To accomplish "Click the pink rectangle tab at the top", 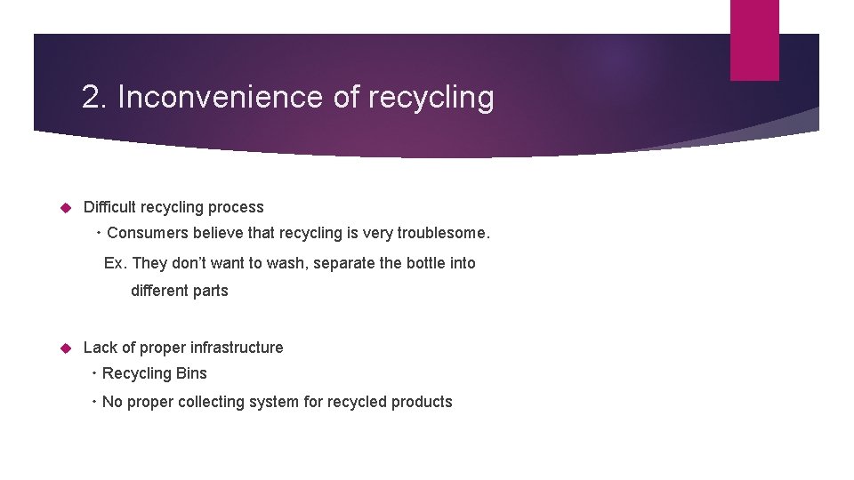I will coord(754,40).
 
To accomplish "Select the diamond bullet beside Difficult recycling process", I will coord(64,207).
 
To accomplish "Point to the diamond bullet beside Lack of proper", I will coord(64,348).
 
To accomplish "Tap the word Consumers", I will coord(145,233).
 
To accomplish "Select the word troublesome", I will coord(443,233).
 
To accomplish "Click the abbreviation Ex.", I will coord(115,263).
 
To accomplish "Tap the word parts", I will coord(211,291).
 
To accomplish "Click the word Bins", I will coord(191,373).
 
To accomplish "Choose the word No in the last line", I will coord(111,402).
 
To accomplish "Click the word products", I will coord(421,402).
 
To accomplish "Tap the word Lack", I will coord(100,348).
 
